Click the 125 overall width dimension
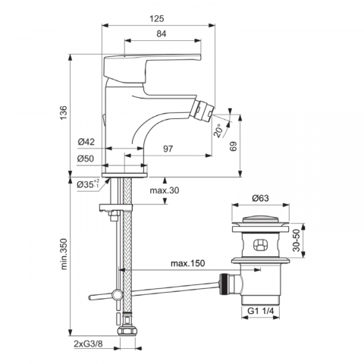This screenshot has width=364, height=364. pos(157,19)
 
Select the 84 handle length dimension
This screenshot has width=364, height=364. pos(162,34)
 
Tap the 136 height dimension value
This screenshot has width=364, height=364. pos(64,113)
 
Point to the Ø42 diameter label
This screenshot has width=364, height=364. pos(86,142)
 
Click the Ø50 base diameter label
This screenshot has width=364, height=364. pos(86,158)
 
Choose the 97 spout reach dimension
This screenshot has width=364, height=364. pos(168,149)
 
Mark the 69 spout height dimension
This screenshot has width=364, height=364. pos(234,146)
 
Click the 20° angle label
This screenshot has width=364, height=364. pos(219,130)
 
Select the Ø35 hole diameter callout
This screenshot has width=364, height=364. pos(88,184)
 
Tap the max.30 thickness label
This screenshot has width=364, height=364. pos(165,190)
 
